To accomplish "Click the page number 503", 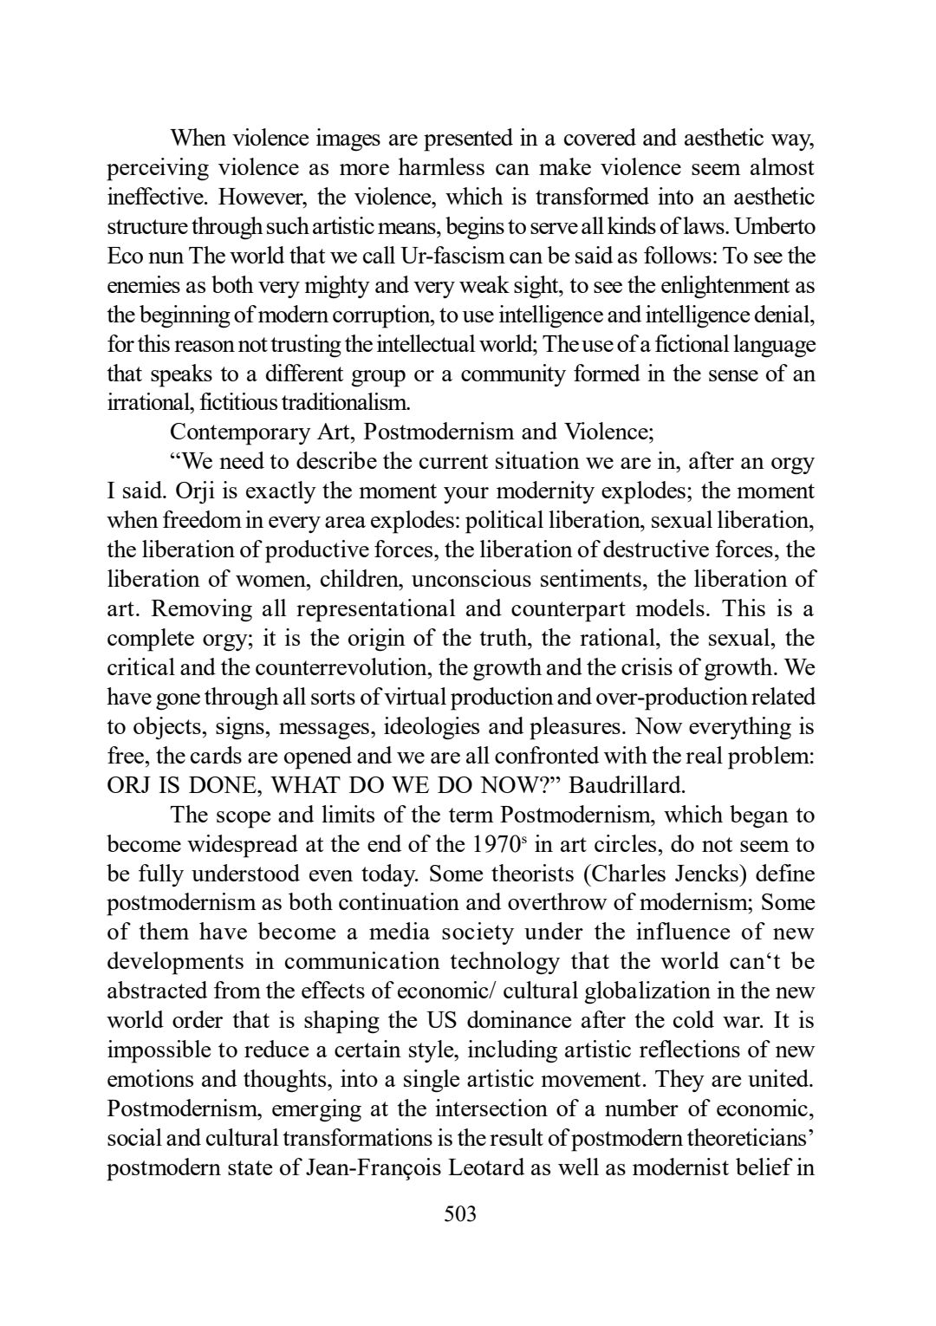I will click(x=460, y=1213).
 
